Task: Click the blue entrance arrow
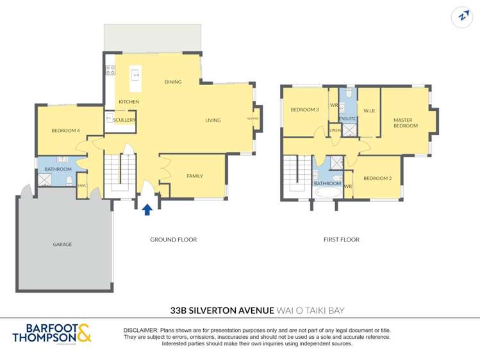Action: pos(147,209)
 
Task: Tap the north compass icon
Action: pos(461,17)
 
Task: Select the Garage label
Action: pos(62,244)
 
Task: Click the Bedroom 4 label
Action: pos(65,131)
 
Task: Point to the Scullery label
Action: pos(124,120)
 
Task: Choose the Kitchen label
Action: pos(128,102)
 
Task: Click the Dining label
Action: pos(173,82)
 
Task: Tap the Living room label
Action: pos(213,120)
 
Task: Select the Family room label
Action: pos(195,176)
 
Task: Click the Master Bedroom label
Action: pos(405,122)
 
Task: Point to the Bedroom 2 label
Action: pos(377,178)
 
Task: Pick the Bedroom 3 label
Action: pos(304,110)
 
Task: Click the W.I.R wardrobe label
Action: pos(368,110)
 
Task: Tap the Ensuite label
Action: pos(347,119)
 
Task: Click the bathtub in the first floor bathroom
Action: pos(327,192)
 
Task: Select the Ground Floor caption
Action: pos(173,240)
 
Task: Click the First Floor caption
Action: pos(341,240)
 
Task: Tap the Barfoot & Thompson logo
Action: pos(52,334)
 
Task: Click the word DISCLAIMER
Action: pos(140,329)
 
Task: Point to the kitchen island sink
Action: pos(136,75)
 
